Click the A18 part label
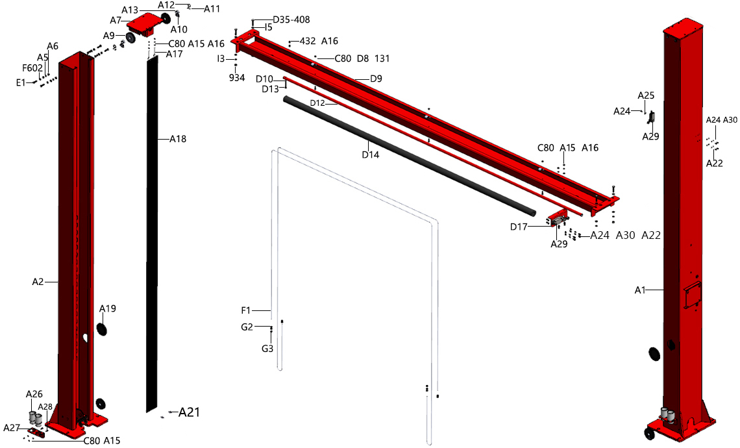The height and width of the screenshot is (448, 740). click(x=178, y=139)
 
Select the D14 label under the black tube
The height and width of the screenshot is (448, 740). click(x=371, y=155)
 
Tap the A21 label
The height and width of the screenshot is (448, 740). click(x=190, y=412)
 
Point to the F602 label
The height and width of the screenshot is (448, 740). click(x=32, y=68)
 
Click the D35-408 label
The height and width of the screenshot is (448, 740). click(x=291, y=19)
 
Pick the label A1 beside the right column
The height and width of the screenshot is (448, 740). click(x=640, y=290)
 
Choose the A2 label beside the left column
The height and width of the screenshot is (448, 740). click(x=38, y=282)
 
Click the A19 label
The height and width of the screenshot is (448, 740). click(x=108, y=308)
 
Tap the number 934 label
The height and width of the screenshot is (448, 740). click(x=237, y=77)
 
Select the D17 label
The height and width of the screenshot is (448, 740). click(x=519, y=227)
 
